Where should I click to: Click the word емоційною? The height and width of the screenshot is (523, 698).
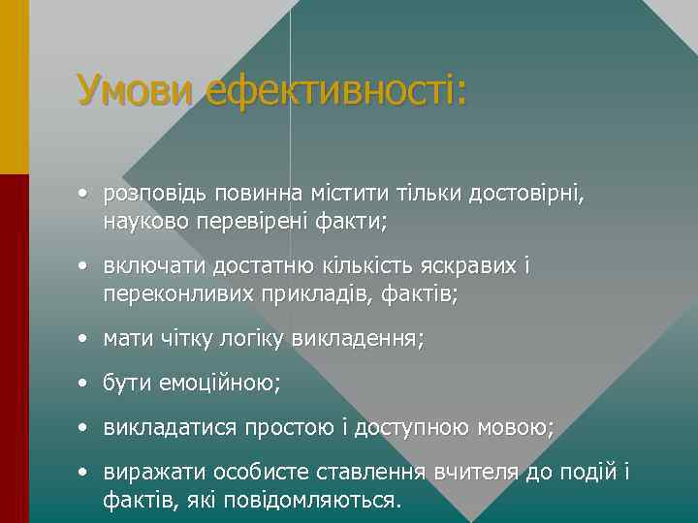214,385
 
